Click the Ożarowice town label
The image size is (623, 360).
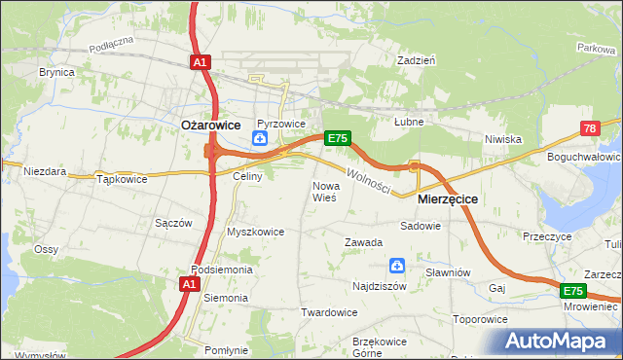click(211, 125)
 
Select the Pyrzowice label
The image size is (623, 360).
click(282, 125)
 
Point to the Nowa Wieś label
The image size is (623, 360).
click(324, 191)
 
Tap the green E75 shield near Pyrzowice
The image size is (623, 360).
click(337, 139)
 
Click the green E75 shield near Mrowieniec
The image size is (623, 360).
click(573, 291)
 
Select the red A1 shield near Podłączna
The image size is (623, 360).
click(199, 62)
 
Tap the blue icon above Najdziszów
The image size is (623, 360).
click(397, 266)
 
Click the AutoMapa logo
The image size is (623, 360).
click(560, 341)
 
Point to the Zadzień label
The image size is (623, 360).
click(416, 59)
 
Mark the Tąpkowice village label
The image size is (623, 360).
click(122, 179)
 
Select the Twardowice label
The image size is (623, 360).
click(329, 312)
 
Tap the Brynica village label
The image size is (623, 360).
click(57, 72)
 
